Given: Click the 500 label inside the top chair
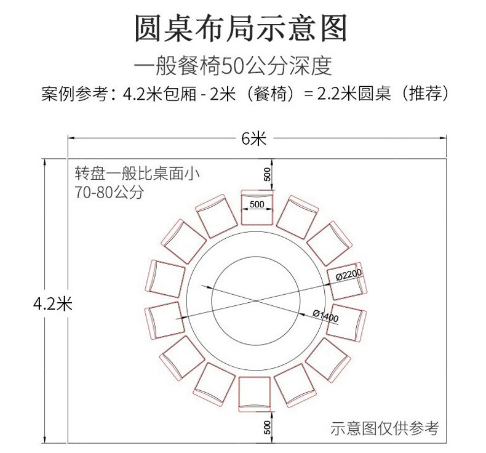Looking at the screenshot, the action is click(257, 203).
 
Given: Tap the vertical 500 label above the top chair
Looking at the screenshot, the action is click(267, 174).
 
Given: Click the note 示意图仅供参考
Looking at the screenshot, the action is click(384, 427).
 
